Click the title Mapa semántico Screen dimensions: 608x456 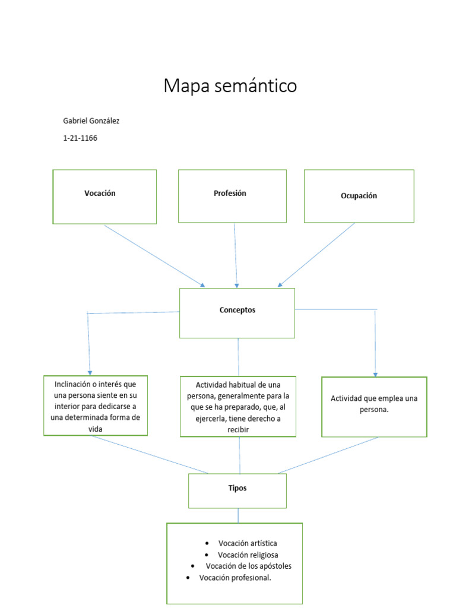pyautogui.click(x=230, y=87)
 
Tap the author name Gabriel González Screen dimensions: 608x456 pyautogui.click(x=91, y=121)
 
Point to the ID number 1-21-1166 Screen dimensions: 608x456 pyautogui.click(x=80, y=138)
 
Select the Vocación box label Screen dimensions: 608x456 pyautogui.click(x=100, y=194)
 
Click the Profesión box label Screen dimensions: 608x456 pyautogui.click(x=230, y=194)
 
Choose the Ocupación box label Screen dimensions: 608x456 pyautogui.click(x=359, y=196)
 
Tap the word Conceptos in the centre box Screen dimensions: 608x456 pyautogui.click(x=237, y=310)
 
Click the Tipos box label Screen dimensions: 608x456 pyautogui.click(x=237, y=488)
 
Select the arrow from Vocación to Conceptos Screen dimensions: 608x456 pyautogui.click(x=154, y=255)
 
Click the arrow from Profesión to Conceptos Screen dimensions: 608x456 pyautogui.click(x=236, y=255)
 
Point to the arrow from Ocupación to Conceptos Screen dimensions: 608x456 pyautogui.click(x=316, y=255)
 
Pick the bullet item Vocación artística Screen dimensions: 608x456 pyautogui.click(x=247, y=543)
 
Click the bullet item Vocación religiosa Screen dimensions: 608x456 pyautogui.click(x=248, y=555)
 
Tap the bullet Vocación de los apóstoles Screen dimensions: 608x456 pyautogui.click(x=248, y=566)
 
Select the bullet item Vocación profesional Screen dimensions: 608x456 pyautogui.click(x=235, y=578)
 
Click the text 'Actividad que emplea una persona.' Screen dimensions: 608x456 pyautogui.click(x=373, y=404)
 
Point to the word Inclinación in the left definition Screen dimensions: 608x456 pyautogui.click(x=72, y=384)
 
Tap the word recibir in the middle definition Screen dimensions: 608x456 pyautogui.click(x=237, y=429)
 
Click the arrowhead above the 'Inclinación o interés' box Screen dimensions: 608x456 pyautogui.click(x=90, y=372)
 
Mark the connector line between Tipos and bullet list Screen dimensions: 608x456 pyautogui.click(x=238, y=515)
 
